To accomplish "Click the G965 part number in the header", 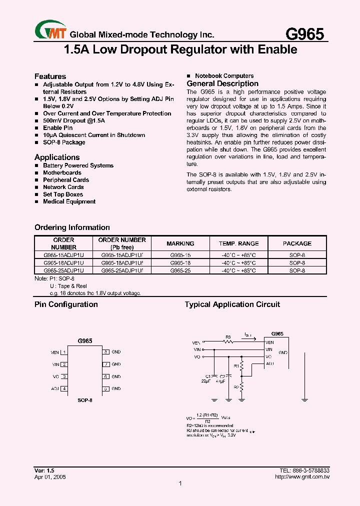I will (x=304, y=33).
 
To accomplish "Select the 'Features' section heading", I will (x=50, y=76).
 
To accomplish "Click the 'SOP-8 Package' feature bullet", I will (x=64, y=142).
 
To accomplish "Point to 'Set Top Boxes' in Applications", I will (x=63, y=194).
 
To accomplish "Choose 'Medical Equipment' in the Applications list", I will (x=69, y=201).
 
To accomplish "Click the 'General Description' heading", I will (x=222, y=84).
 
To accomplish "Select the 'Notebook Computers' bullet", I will (x=224, y=76).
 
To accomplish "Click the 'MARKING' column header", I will (x=180, y=243).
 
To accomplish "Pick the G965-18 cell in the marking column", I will (x=180, y=262).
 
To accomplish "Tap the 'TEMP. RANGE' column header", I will (x=239, y=243).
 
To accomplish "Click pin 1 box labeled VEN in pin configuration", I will (x=64, y=352).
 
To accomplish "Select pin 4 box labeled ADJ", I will (x=64, y=388).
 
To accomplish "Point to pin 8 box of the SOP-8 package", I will (x=106, y=352).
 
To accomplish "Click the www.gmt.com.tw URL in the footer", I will (x=302, y=477).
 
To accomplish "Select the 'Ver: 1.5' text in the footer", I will (x=44, y=471).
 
